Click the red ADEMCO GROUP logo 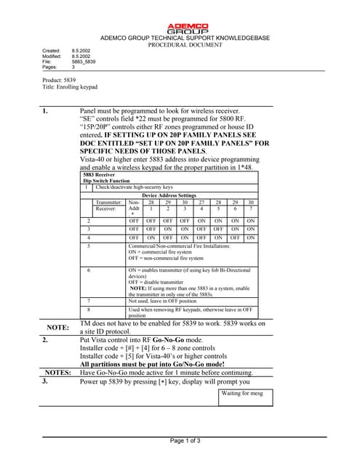point(188,28)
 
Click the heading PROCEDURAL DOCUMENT point(185,44)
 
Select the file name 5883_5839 point(84,62)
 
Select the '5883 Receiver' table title point(99,175)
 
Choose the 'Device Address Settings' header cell point(169,195)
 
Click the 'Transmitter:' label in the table point(109,203)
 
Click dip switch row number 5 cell point(88,246)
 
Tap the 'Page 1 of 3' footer point(185,442)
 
